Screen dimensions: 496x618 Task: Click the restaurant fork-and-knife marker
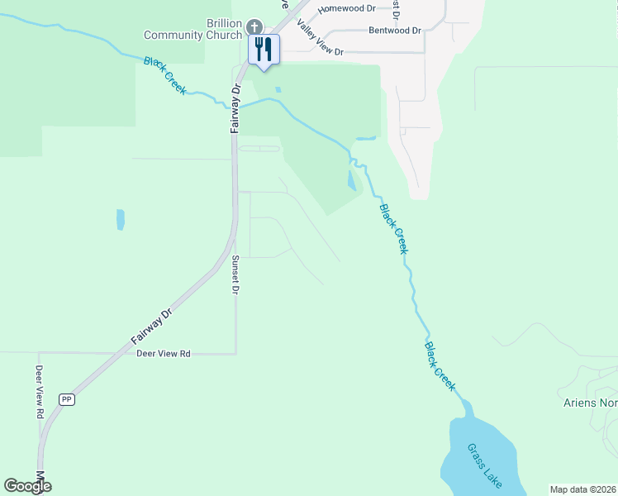coord(264,49)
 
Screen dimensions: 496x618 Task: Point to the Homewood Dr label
coord(347,8)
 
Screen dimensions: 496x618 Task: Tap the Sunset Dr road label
coord(235,275)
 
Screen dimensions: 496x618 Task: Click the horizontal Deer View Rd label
coord(164,354)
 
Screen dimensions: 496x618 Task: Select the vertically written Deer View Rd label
coord(39,392)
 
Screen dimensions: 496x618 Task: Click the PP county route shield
coord(67,399)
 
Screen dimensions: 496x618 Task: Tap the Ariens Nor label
coord(587,403)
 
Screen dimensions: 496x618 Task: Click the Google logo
coord(28,486)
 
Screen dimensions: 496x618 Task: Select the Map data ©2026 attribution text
coord(583,489)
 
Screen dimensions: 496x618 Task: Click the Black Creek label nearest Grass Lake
coord(440,367)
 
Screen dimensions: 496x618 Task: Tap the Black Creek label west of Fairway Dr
coord(165,75)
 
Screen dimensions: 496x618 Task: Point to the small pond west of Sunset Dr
coord(121,219)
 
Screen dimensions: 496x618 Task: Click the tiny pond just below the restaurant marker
coord(278,89)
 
